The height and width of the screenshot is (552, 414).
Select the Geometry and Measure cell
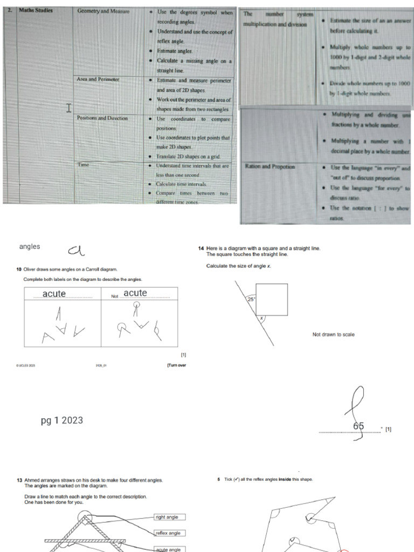tap(103, 11)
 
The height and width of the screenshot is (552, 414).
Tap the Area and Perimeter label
tap(98, 79)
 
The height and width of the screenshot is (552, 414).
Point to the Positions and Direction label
tap(102, 118)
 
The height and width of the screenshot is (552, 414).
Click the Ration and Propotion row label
tap(270, 167)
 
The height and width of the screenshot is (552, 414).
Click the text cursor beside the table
tap(68, 108)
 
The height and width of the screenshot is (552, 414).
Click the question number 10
tap(19, 269)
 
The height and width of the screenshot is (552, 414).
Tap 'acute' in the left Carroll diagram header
tap(54, 294)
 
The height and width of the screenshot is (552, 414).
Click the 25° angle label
tap(251, 299)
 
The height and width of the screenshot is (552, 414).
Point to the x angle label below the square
tap(262, 319)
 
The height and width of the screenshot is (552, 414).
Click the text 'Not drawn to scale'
tap(333, 335)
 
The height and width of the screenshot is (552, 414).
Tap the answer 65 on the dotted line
tap(358, 426)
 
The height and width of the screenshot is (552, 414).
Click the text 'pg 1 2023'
tap(62, 420)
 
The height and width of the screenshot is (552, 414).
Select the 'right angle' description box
tap(170, 517)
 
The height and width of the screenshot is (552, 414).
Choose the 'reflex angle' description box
tap(170, 533)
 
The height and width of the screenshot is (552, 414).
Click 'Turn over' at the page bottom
tap(177, 365)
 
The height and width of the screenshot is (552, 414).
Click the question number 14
tap(201, 249)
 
